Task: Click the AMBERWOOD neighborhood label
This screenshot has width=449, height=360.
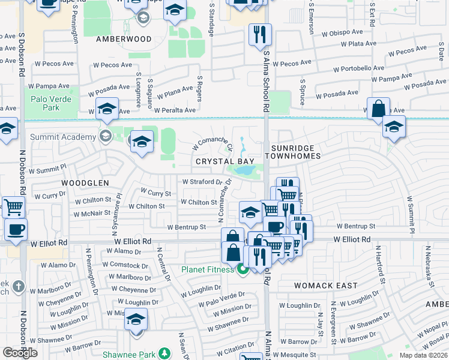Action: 124,38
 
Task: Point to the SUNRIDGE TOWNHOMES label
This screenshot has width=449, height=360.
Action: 295,151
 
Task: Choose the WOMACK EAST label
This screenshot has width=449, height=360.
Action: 325,286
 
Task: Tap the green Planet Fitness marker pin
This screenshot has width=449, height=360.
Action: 243,269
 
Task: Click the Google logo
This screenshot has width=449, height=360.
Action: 20,352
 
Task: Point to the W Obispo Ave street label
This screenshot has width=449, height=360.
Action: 342,33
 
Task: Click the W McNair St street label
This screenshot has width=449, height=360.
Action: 92,213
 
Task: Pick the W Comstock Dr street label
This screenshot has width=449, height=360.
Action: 125,265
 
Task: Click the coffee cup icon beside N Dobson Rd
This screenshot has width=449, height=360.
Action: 16,229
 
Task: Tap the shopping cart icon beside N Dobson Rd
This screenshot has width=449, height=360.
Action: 13,207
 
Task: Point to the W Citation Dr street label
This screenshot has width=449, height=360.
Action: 240,348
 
